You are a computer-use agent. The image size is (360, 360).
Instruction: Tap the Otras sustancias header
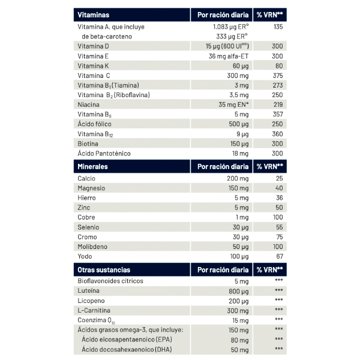(104, 269)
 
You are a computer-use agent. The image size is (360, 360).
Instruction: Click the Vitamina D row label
(93, 46)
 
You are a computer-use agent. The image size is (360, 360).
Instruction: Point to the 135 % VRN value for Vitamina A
(277, 27)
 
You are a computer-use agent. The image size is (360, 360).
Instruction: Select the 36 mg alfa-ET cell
(229, 56)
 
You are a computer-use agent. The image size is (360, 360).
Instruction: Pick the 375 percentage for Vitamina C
(277, 76)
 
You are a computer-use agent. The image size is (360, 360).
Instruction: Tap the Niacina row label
(88, 104)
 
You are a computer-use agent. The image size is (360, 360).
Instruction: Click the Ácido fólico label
(95, 124)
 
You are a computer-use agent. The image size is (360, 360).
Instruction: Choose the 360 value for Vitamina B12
(277, 134)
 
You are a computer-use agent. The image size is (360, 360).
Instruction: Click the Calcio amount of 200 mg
(237, 178)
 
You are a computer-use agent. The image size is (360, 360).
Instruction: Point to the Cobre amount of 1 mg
(242, 217)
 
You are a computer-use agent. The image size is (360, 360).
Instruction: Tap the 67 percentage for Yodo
(278, 256)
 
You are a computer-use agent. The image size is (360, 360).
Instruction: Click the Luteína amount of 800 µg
(238, 291)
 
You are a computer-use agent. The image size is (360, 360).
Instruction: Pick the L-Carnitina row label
(94, 310)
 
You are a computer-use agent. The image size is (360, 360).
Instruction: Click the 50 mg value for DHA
(239, 349)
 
